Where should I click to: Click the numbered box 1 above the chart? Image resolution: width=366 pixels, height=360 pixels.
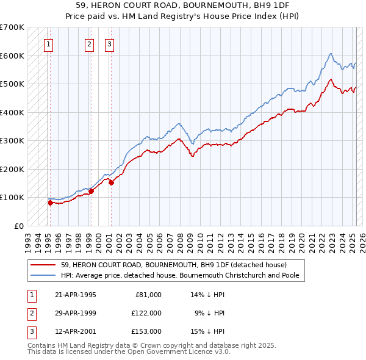(48, 43)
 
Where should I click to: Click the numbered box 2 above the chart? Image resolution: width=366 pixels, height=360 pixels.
(89, 43)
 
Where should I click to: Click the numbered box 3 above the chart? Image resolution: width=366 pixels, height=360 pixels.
(109, 43)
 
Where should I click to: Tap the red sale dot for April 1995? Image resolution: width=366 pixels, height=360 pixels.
(50, 203)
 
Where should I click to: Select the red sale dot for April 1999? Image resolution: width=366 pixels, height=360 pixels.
(91, 191)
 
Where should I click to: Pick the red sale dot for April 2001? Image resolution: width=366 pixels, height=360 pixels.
(111, 182)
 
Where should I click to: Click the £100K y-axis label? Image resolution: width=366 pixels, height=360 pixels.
(12, 197)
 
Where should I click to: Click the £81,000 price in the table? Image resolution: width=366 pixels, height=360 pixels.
(148, 295)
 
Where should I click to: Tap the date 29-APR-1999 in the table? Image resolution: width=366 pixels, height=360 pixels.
(75, 313)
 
